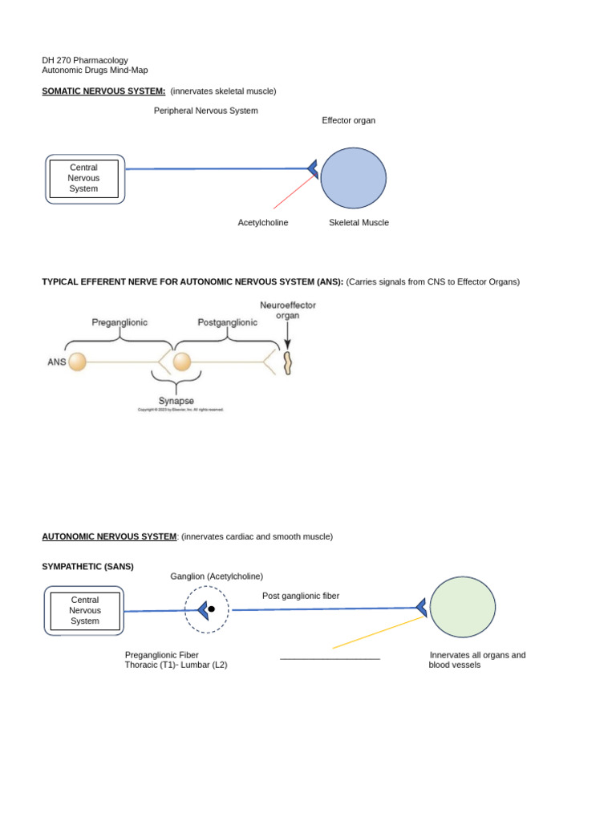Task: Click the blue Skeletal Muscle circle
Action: tap(353, 178)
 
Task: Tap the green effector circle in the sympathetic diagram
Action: tap(463, 607)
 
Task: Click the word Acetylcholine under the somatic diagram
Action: tap(263, 223)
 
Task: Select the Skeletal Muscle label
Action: tap(359, 223)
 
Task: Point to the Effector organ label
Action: tap(348, 120)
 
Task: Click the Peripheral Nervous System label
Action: tap(206, 111)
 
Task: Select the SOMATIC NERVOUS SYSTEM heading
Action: tap(103, 91)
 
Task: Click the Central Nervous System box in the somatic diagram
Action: tap(84, 179)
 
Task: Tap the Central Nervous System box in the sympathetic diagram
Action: tap(84, 611)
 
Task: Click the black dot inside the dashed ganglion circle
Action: tap(212, 609)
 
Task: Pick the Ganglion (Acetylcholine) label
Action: tap(217, 576)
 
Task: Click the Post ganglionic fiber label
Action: tap(301, 596)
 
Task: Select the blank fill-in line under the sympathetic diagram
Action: tap(330, 658)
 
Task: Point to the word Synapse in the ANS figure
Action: tap(176, 401)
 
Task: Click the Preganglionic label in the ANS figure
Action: tap(120, 322)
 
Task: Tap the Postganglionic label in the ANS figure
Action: tap(228, 322)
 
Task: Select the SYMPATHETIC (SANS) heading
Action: tap(87, 566)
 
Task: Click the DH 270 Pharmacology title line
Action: tap(85, 60)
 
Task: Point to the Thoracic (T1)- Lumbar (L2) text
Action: tap(176, 665)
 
